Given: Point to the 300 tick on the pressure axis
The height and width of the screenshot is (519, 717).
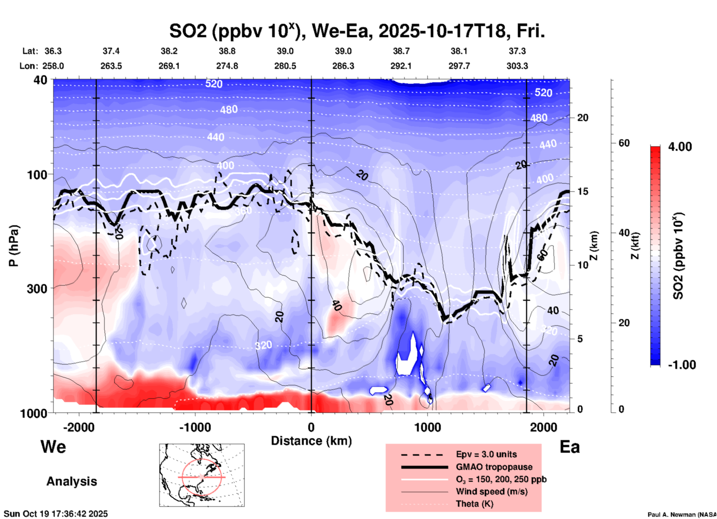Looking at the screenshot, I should click(37, 289).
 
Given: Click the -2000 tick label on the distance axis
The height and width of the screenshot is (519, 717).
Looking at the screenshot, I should click(79, 427).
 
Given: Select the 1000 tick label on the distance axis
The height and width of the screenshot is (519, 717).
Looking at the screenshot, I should click(427, 427).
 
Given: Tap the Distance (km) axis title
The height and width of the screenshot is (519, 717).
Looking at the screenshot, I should click(311, 441).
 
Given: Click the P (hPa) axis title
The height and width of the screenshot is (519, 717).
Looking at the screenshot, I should click(14, 246).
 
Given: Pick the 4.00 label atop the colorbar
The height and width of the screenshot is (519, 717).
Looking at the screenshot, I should click(680, 146).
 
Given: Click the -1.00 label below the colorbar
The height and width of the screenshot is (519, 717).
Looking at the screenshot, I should click(682, 364).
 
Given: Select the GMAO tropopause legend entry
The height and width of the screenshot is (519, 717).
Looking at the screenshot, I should click(494, 467).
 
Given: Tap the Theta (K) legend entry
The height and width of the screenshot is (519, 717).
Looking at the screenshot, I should click(474, 504).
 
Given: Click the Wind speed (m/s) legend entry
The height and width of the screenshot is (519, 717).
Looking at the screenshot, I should click(491, 491).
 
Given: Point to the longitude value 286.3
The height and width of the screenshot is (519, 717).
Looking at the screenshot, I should click(343, 66).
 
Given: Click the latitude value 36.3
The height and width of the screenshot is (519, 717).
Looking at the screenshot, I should click(53, 51).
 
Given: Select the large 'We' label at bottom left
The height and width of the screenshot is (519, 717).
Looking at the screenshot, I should click(53, 446).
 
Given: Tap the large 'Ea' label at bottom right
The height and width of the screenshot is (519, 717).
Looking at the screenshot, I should click(569, 447).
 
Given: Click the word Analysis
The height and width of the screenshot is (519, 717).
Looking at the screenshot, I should click(71, 481).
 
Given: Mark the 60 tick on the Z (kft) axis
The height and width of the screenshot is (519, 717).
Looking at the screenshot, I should click(624, 143).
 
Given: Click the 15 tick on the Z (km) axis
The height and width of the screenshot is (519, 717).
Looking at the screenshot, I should click(583, 191).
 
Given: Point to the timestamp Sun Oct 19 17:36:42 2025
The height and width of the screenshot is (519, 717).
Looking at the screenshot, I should click(56, 513).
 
